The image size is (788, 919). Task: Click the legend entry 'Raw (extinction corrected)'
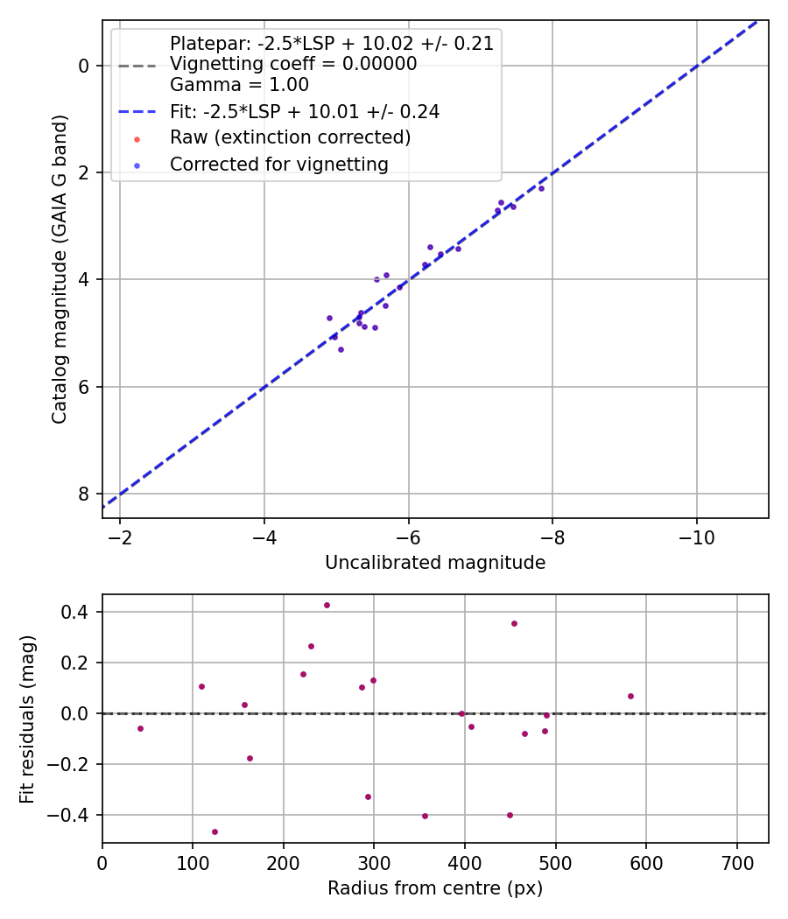290,137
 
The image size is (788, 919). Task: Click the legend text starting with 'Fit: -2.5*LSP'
304,112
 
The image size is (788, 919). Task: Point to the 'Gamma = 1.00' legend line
239,85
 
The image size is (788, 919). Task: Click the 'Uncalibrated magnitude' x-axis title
435,563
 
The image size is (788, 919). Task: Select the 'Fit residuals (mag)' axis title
28,719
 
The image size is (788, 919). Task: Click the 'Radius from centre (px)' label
435,888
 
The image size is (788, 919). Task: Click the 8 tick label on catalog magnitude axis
84,495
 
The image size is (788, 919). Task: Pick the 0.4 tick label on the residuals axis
77,612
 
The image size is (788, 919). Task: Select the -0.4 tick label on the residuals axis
72,815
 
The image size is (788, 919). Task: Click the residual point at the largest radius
630,697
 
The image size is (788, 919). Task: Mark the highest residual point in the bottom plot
327,605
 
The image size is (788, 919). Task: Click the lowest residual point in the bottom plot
215,831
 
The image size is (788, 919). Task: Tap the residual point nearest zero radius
140,728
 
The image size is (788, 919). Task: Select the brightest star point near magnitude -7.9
541,188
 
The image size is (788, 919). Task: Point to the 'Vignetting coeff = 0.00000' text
293,64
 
